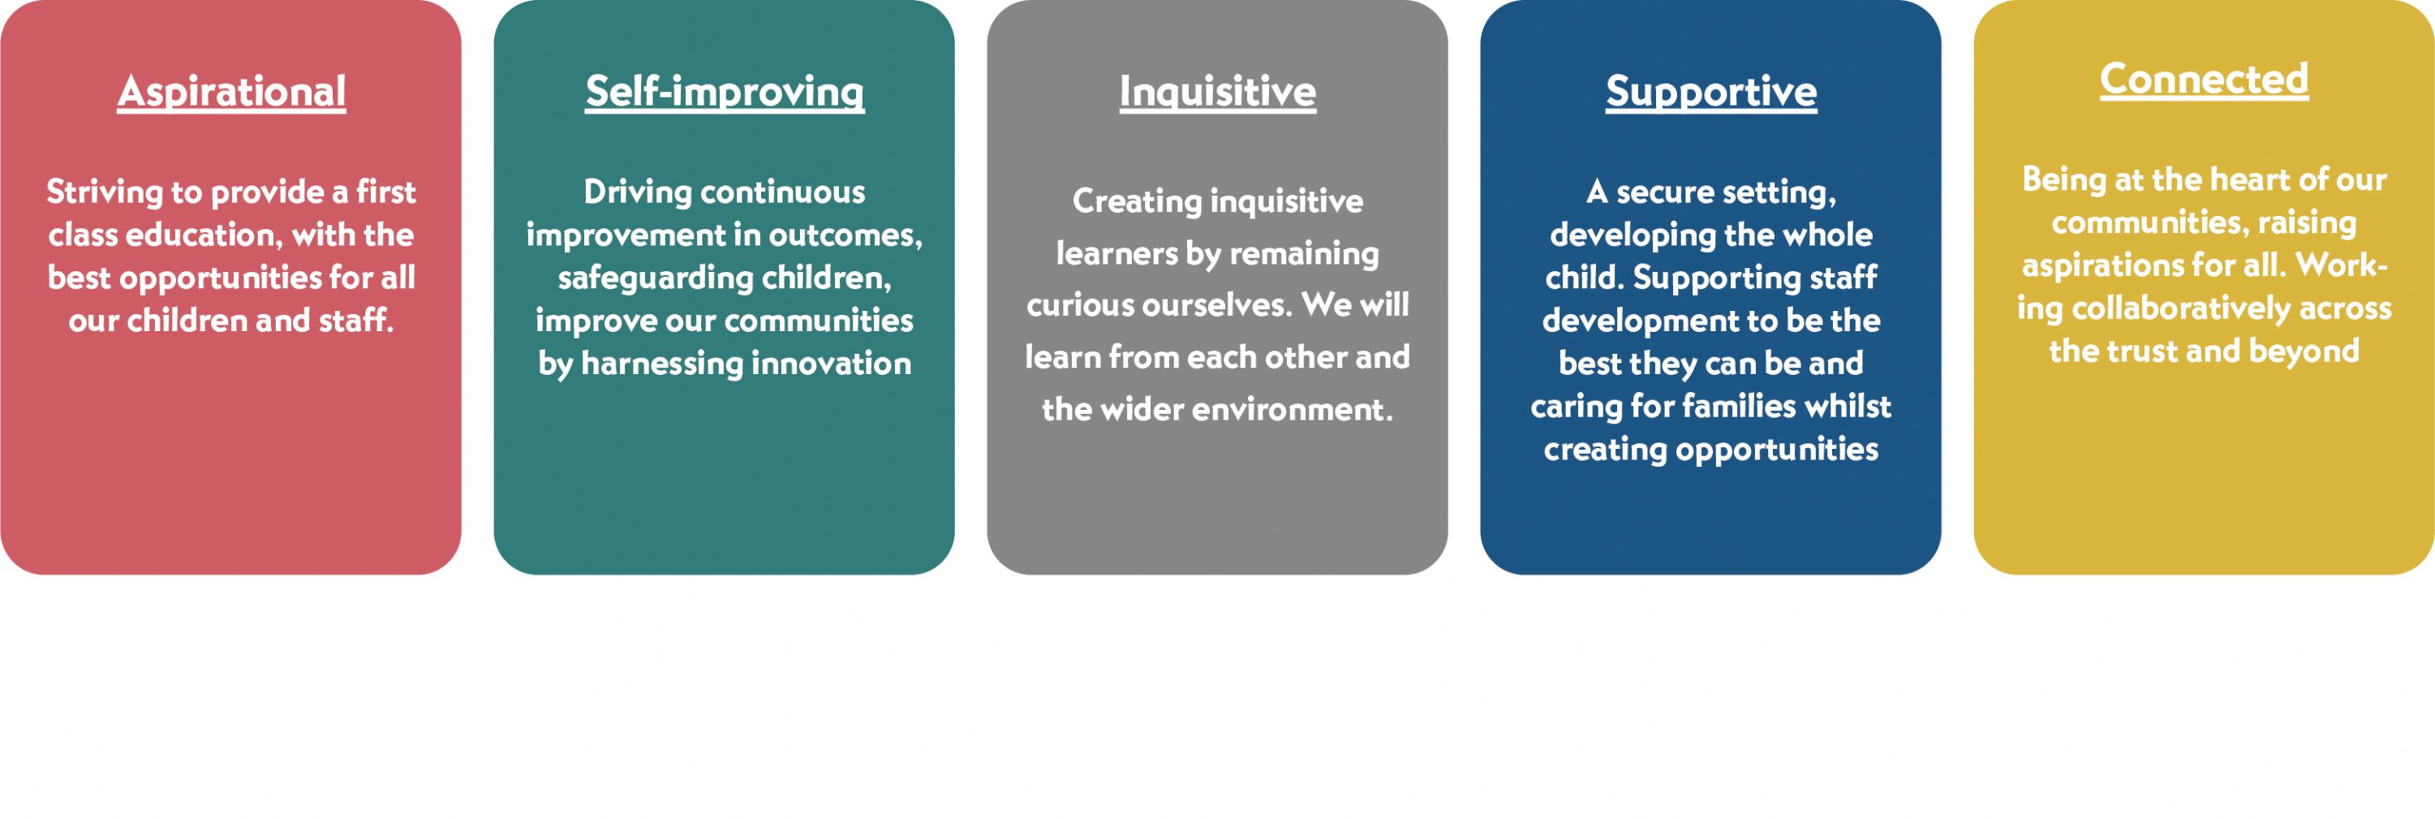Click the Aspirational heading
pyautogui.click(x=231, y=93)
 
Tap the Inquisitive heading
pyautogui.click(x=1217, y=93)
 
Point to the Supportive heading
pyautogui.click(x=1711, y=93)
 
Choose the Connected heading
pyautogui.click(x=2205, y=80)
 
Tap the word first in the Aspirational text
pyautogui.click(x=385, y=192)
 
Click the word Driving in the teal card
pyautogui.click(x=638, y=193)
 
